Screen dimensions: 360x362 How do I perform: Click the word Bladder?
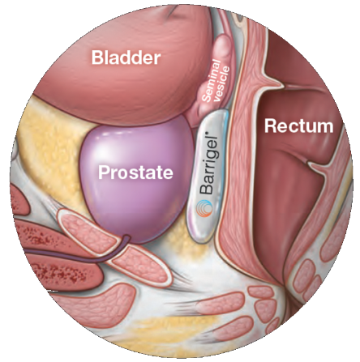pyautogui.click(x=126, y=57)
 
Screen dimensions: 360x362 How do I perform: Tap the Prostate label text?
pyautogui.click(x=135, y=172)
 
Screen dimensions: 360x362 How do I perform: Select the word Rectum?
pyautogui.click(x=298, y=126)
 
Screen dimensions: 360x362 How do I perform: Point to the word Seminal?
pyautogui.click(x=212, y=81)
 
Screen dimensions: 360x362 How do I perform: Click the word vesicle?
pyautogui.click(x=222, y=83)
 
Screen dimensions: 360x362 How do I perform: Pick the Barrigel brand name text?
pyautogui.click(x=209, y=163)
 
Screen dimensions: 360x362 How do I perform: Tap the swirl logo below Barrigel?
pyautogui.click(x=204, y=209)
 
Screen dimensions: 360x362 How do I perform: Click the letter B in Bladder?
pyautogui.click(x=97, y=57)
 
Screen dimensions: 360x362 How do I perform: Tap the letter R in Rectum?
pyautogui.click(x=271, y=126)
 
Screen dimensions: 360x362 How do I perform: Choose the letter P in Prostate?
pyautogui.click(x=104, y=172)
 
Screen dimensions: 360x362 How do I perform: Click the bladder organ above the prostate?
pyautogui.click(x=122, y=67)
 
